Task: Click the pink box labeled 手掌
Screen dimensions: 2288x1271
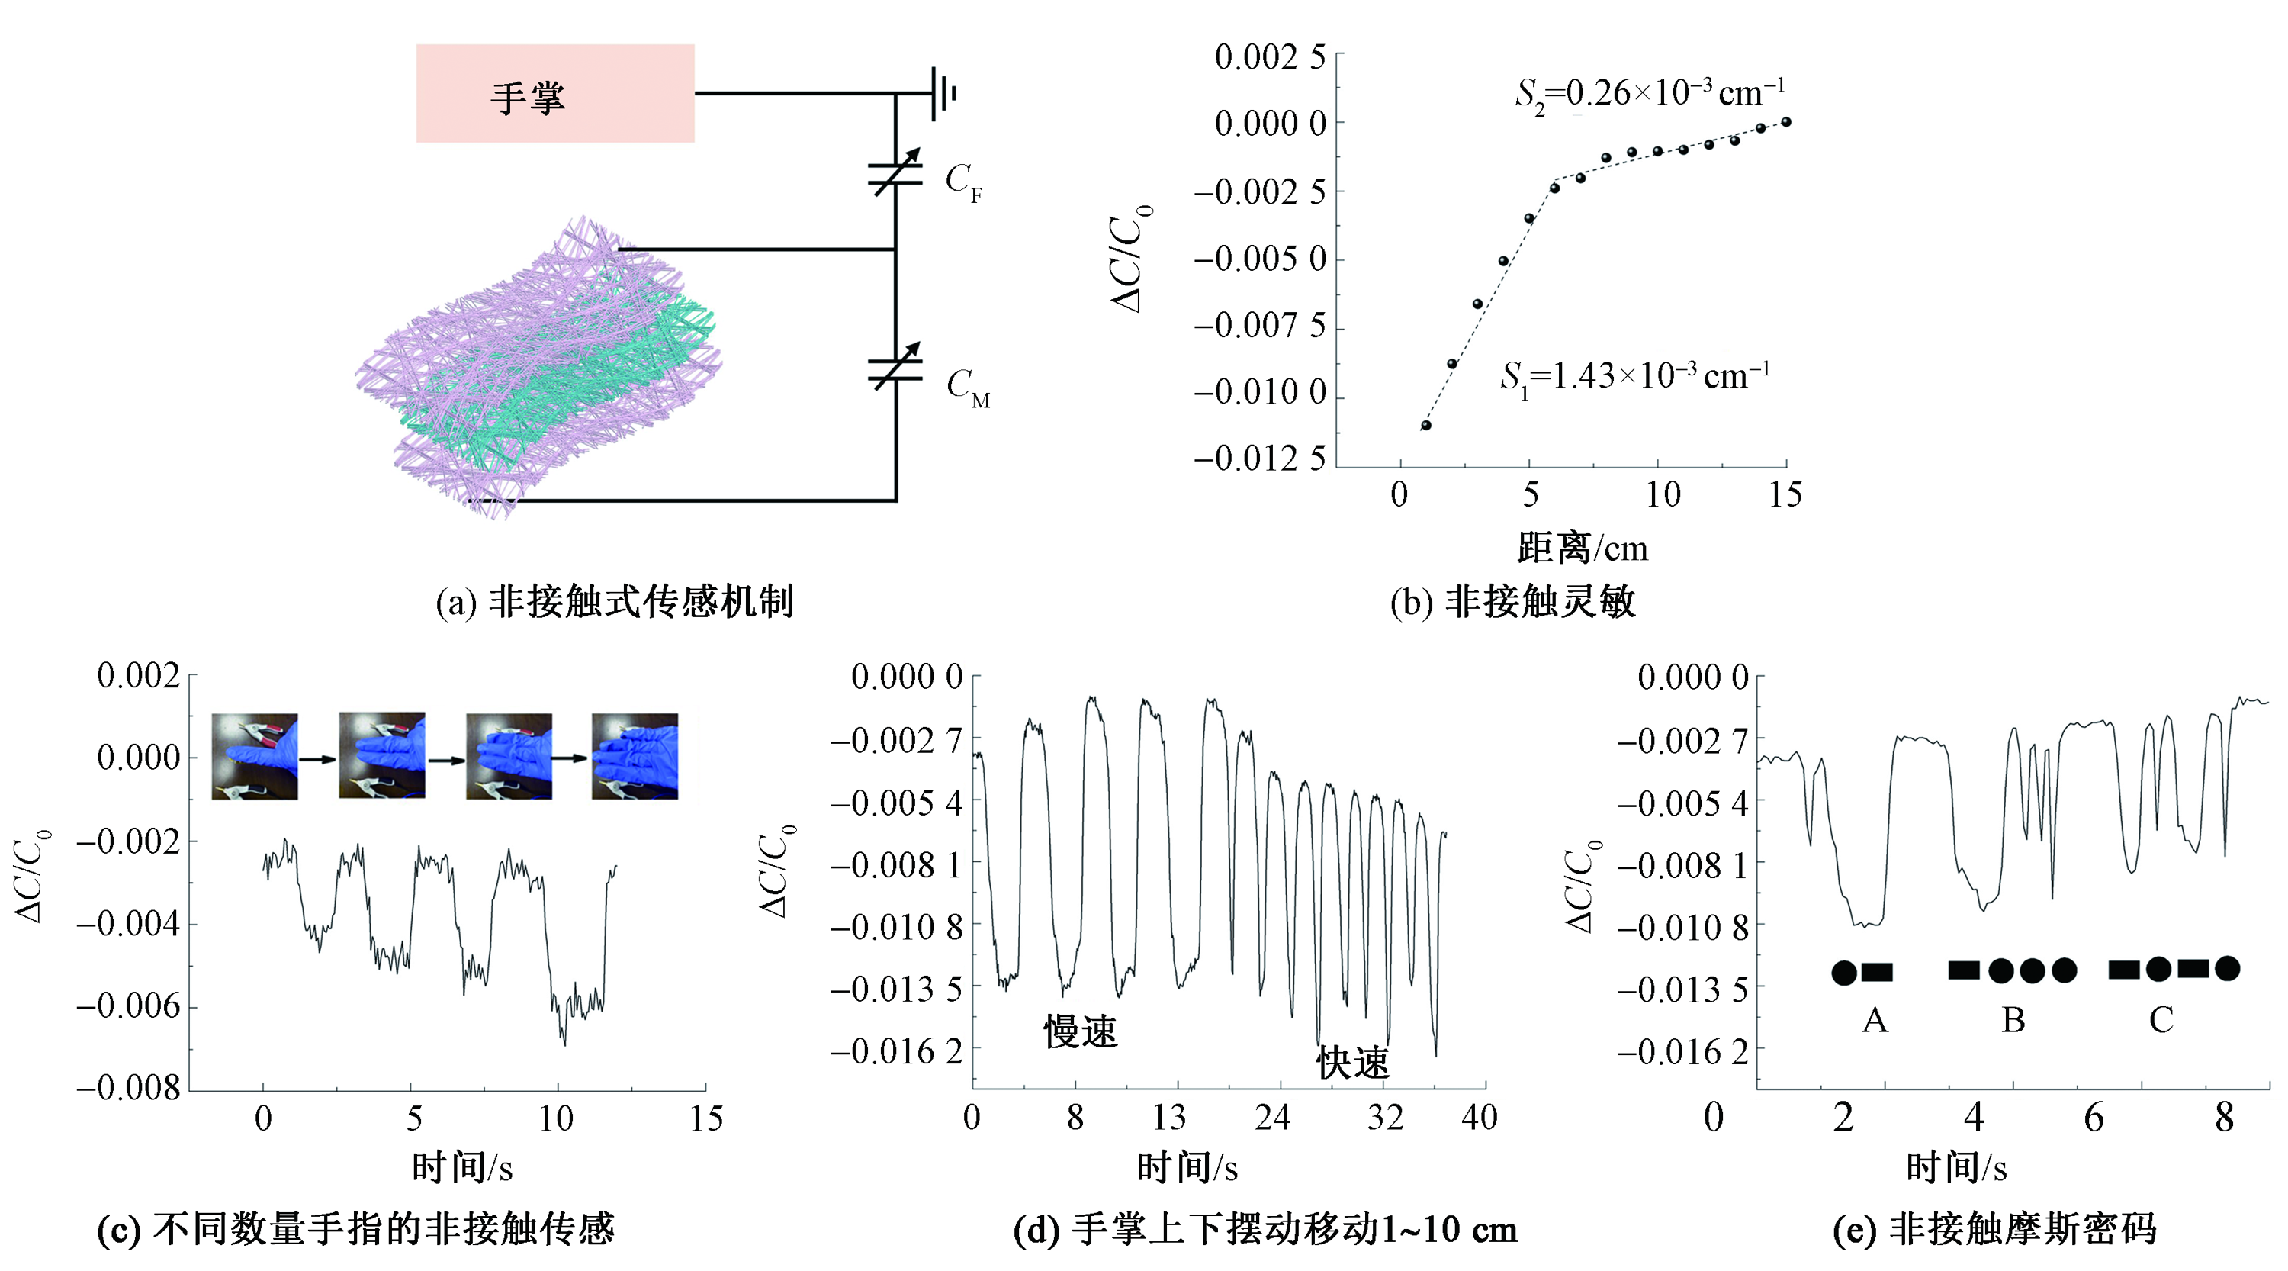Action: (555, 93)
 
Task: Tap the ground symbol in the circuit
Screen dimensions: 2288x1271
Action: (943, 93)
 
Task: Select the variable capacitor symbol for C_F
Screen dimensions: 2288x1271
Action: (895, 172)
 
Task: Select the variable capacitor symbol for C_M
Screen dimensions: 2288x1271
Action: (895, 367)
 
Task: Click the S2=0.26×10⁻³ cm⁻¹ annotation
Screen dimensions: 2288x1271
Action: (1650, 93)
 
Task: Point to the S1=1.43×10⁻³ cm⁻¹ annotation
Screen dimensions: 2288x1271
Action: (1634, 377)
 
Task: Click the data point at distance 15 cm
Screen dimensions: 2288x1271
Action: (1786, 121)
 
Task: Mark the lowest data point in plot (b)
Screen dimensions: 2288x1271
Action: (1426, 426)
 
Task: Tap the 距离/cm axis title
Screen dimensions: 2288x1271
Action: (1583, 547)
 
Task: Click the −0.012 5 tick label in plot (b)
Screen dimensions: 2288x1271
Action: (1259, 459)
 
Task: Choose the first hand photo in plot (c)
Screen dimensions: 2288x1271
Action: (255, 757)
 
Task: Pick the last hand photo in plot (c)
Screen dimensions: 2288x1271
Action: (635, 757)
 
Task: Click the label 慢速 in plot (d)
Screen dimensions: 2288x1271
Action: (1080, 1032)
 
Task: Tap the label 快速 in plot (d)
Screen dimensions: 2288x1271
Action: (1353, 1063)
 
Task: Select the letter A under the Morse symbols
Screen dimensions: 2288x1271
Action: (1875, 1021)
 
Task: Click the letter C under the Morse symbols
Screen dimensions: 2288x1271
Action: (2161, 1021)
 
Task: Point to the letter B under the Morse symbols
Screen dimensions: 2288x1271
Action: (2013, 1021)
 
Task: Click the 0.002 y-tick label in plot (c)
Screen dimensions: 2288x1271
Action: (139, 676)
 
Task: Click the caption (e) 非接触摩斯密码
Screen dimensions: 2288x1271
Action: (1994, 1230)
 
